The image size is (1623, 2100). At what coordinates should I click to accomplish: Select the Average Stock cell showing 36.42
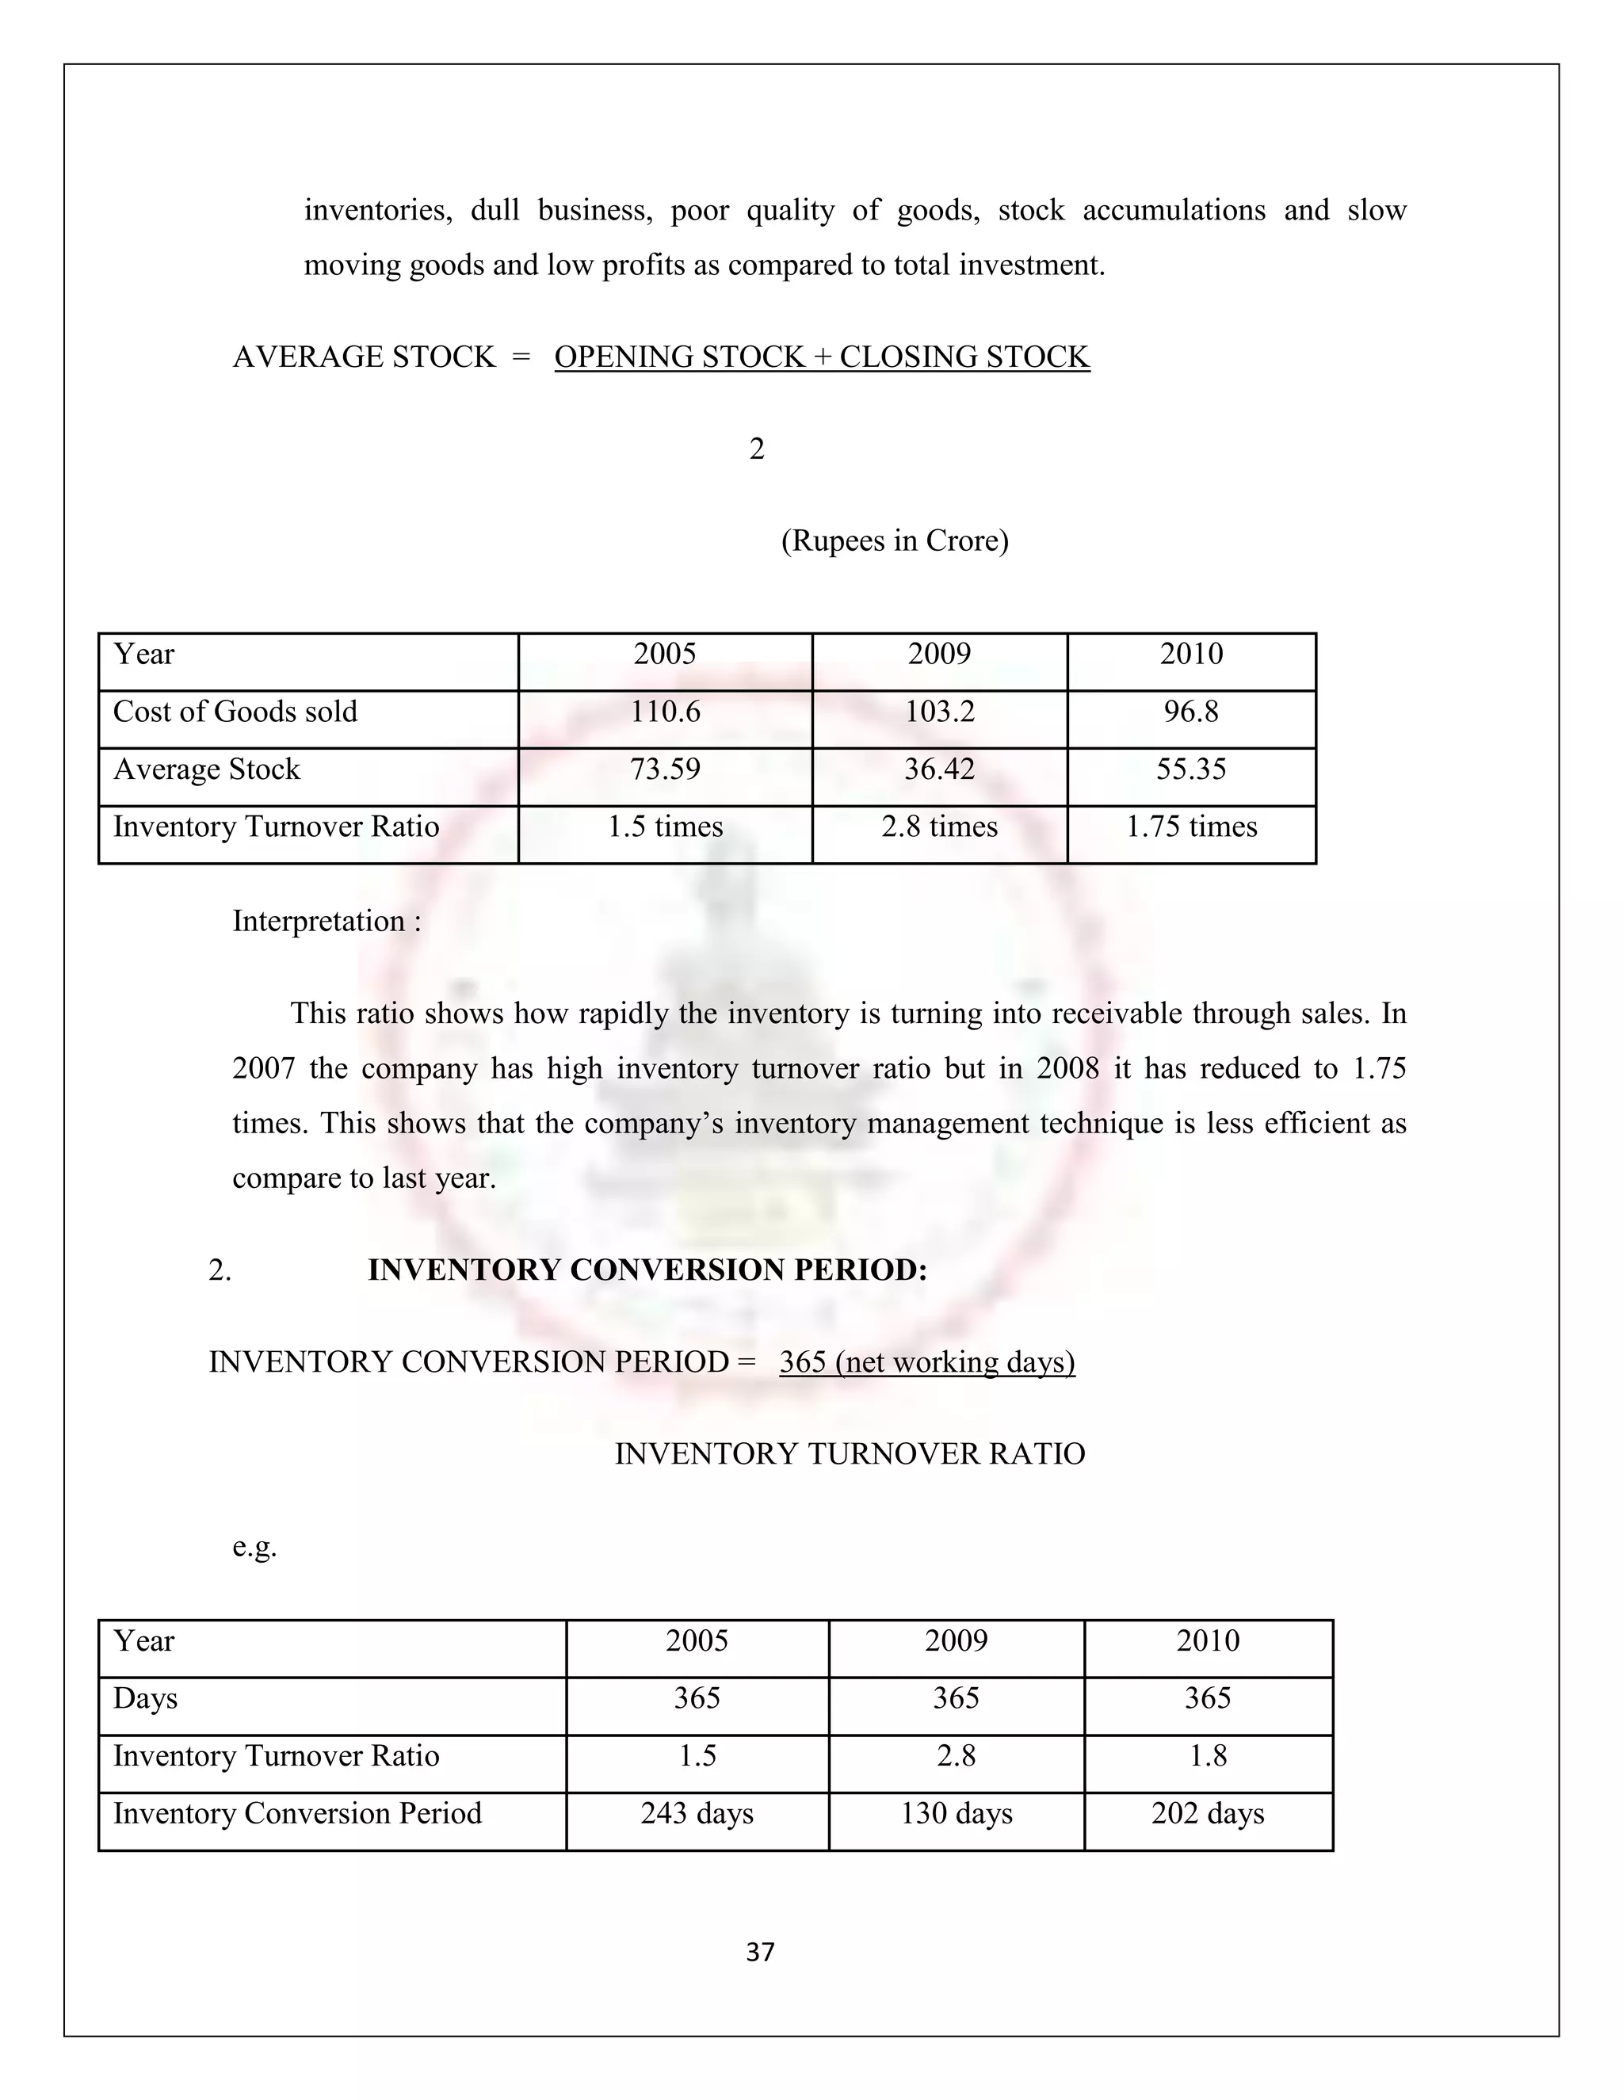click(x=939, y=769)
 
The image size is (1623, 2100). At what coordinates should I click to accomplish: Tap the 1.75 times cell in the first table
click(x=1190, y=827)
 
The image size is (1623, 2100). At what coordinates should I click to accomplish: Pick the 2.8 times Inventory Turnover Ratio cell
click(x=939, y=827)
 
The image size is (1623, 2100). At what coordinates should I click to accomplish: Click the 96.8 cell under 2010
click(x=1190, y=712)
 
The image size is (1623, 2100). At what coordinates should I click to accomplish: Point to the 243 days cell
click(x=697, y=1813)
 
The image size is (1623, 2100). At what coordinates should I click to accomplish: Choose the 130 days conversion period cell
click(x=956, y=1813)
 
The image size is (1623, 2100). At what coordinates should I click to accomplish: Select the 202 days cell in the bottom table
click(x=1208, y=1813)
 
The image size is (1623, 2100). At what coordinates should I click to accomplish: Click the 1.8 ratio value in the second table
click(x=1208, y=1756)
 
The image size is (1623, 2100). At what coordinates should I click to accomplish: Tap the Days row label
click(x=145, y=1698)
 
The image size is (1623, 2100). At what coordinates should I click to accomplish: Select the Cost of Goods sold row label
click(x=235, y=712)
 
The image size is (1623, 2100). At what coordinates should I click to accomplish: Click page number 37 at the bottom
click(x=759, y=1952)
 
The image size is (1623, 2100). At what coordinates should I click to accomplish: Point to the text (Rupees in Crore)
click(x=894, y=541)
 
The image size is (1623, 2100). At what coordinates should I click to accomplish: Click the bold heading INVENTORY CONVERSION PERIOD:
click(x=647, y=1270)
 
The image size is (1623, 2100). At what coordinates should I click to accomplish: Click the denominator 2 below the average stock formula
click(x=757, y=449)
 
